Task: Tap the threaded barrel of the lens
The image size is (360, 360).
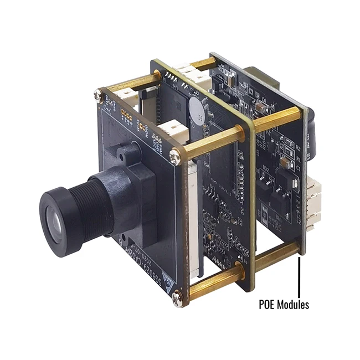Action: click(83, 205)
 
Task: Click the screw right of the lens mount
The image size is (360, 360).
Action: click(174, 156)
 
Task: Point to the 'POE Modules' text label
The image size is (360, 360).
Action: click(284, 304)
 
